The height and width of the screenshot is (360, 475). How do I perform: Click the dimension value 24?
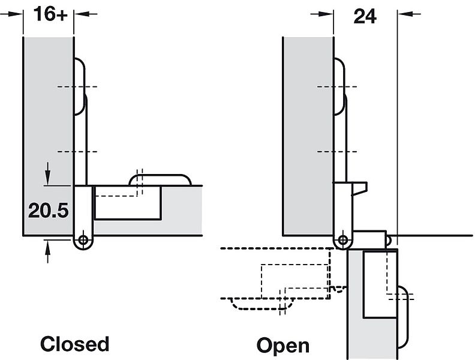[365, 16]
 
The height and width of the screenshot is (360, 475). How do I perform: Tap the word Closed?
[75, 344]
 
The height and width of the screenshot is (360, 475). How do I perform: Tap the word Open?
[283, 346]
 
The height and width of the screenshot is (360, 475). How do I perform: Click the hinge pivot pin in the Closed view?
[83, 240]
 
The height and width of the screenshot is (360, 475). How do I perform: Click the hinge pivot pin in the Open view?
[343, 241]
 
